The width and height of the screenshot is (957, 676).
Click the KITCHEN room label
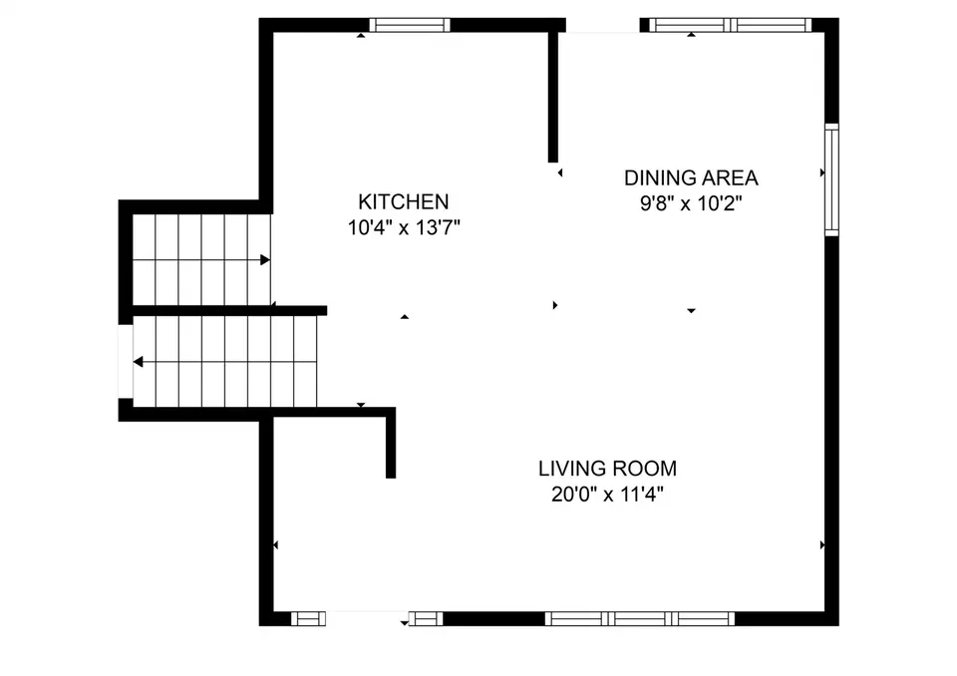tap(404, 201)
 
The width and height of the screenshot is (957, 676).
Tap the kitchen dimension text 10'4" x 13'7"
tap(404, 227)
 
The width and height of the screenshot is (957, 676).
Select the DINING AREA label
tap(691, 177)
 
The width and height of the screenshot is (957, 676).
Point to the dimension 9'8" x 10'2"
tap(691, 202)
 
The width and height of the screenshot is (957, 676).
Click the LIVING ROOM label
tap(607, 469)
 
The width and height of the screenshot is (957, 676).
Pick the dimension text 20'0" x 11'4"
tap(607, 494)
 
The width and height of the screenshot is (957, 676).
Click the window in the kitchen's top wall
tap(410, 25)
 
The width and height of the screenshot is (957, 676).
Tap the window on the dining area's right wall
tap(831, 179)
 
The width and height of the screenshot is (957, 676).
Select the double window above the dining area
tap(730, 25)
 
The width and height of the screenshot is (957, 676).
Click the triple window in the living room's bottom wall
tap(640, 618)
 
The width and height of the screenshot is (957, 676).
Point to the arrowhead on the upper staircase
tap(265, 260)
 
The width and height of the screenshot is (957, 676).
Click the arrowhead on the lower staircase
tap(139, 362)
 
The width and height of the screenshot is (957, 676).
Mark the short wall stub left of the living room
tap(391, 443)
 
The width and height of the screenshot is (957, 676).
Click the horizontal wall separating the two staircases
tap(229, 311)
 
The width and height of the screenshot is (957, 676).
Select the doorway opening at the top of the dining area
tap(603, 25)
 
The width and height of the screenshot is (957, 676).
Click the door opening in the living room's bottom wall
tap(367, 618)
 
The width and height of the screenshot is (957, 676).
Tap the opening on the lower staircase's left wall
tap(126, 362)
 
